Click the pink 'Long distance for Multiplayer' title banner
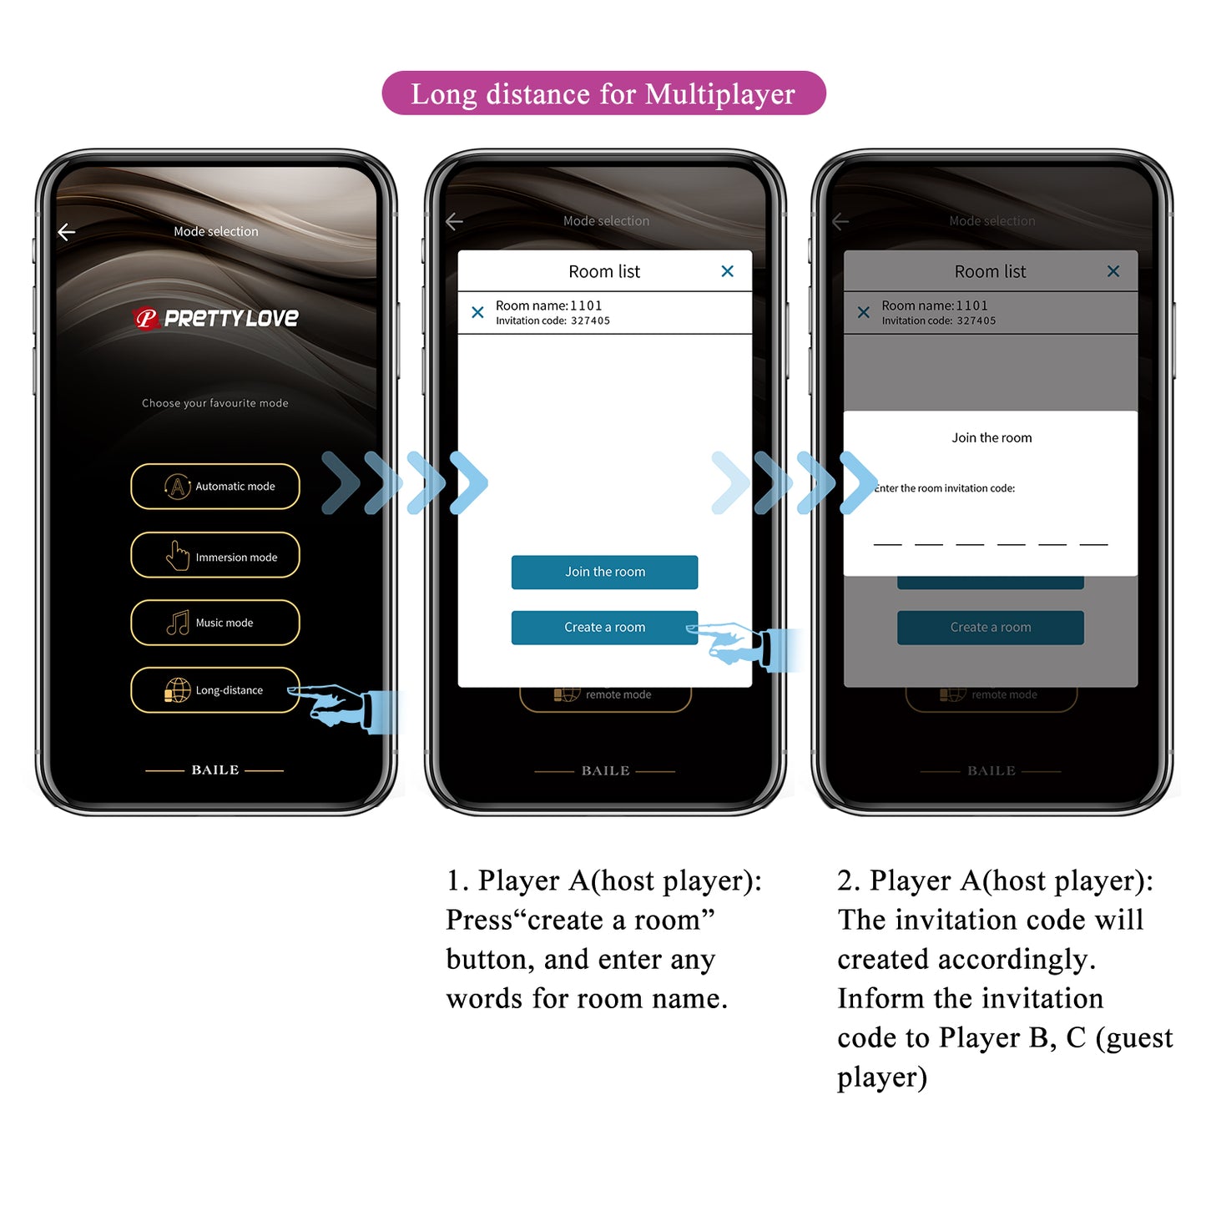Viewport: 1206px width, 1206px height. [x=603, y=93]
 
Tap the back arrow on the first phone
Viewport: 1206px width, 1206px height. [x=67, y=232]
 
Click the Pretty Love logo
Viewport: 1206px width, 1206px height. [x=216, y=318]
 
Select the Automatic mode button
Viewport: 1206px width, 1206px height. [x=215, y=487]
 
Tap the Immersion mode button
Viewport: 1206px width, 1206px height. [x=215, y=556]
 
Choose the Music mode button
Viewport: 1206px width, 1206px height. [x=215, y=623]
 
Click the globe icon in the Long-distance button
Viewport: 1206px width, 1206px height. [x=177, y=690]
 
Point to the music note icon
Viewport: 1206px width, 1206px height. [x=178, y=623]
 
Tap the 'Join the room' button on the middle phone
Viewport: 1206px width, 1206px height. [x=604, y=573]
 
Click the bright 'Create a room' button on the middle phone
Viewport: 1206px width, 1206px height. [x=604, y=628]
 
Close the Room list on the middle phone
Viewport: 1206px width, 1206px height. [x=727, y=271]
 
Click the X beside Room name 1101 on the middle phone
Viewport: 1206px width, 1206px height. [x=477, y=312]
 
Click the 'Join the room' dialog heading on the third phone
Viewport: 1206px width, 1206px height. [x=992, y=438]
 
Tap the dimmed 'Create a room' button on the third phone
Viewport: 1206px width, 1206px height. [x=991, y=628]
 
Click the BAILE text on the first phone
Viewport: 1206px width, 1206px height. [x=215, y=770]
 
